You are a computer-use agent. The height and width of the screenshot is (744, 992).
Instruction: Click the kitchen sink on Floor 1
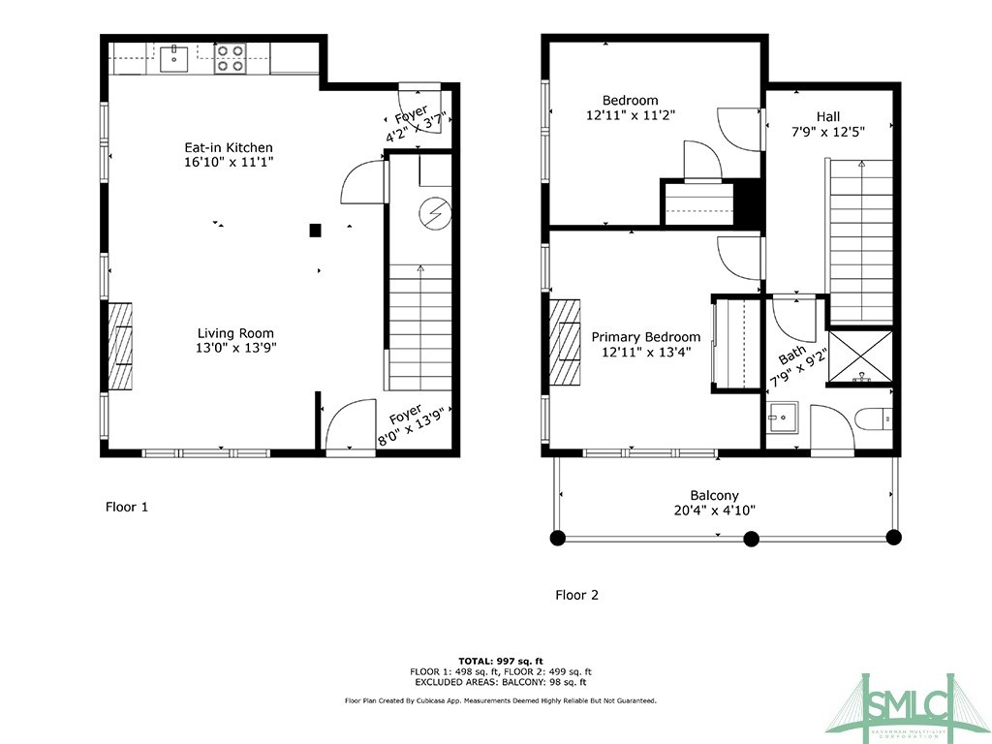point(173,58)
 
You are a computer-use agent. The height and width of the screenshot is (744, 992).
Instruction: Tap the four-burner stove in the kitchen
point(230,58)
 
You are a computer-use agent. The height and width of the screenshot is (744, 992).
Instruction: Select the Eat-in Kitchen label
point(229,147)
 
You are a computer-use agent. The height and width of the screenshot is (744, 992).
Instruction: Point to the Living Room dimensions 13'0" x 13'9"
point(236,348)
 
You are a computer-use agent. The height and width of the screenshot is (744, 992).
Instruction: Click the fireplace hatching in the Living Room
point(119,346)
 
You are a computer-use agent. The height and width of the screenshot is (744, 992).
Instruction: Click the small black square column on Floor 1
point(315,231)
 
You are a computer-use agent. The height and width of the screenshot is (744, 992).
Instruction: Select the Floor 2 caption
point(576,595)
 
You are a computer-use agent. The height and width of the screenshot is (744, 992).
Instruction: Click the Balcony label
point(714,495)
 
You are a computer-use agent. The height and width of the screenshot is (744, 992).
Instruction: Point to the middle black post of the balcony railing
point(751,539)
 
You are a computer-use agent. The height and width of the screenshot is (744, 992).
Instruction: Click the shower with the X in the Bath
point(860,357)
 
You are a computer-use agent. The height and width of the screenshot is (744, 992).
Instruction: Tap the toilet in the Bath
point(873,419)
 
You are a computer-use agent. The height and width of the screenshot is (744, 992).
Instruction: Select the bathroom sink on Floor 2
point(783,418)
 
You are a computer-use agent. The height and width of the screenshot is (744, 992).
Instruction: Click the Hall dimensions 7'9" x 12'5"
point(827,132)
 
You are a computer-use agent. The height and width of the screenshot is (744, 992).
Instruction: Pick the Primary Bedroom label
point(646,336)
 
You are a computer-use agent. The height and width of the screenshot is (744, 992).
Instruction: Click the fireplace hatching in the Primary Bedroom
point(565,342)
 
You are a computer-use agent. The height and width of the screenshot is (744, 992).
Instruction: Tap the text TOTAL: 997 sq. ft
point(501,661)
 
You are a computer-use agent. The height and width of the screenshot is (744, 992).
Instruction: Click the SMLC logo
point(907,706)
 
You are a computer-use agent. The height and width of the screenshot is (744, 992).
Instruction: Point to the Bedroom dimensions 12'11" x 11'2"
point(631,115)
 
